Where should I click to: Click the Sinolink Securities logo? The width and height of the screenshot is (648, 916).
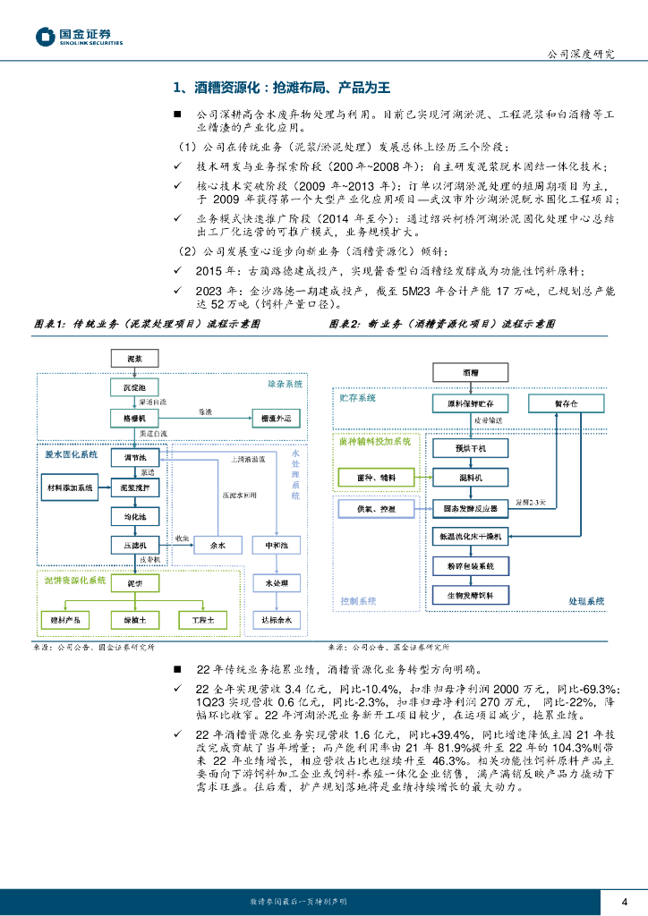coord(79,37)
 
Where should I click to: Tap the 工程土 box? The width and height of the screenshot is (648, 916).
coord(192,619)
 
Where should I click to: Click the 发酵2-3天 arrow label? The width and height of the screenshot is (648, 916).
coord(535,503)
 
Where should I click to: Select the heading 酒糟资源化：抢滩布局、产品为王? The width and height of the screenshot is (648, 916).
coord(281,88)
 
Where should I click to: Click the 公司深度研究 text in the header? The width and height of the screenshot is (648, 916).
coord(581,54)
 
